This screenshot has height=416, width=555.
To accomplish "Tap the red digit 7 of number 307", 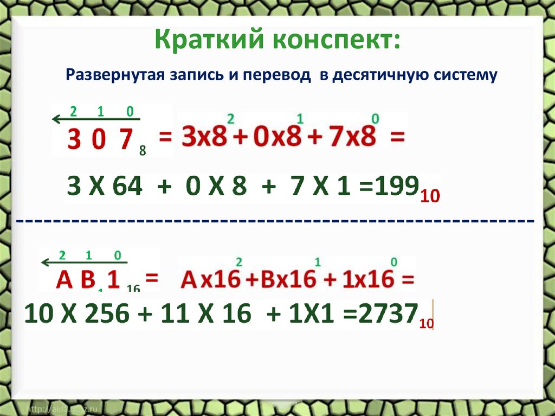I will (126, 140).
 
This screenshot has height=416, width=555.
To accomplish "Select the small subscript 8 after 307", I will (143, 151).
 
